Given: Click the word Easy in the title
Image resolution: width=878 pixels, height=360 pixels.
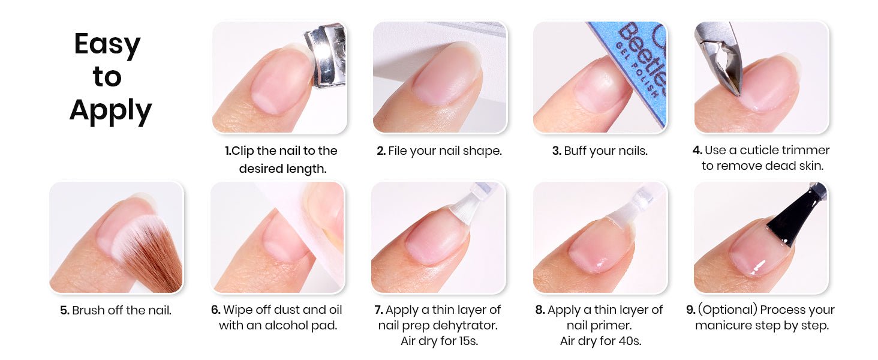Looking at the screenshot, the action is click(107, 44).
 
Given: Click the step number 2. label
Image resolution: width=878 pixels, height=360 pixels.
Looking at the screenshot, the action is click(381, 151).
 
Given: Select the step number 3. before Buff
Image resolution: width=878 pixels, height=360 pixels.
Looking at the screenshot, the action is click(557, 151).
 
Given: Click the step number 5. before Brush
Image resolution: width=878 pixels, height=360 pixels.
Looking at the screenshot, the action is click(65, 311).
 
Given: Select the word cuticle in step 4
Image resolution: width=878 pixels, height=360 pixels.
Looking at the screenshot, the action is click(760, 150).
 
